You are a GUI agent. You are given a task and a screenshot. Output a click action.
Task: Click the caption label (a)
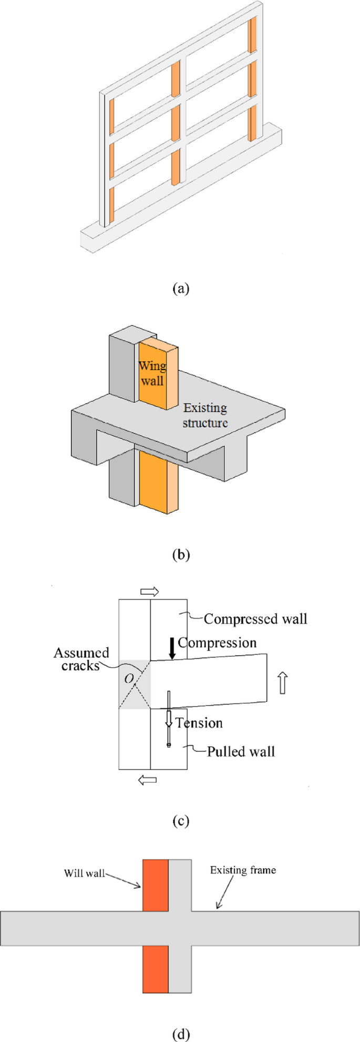(x=180, y=288)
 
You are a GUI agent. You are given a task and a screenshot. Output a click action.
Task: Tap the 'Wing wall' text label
(x=152, y=373)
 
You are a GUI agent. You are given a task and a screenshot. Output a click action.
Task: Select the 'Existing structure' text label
(x=205, y=415)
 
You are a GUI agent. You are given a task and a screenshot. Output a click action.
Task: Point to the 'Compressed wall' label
(x=255, y=618)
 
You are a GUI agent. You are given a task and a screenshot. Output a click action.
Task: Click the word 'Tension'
(x=199, y=723)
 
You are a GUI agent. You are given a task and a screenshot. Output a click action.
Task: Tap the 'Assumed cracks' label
(x=81, y=659)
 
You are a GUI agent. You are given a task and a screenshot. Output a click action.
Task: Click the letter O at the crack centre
(x=129, y=678)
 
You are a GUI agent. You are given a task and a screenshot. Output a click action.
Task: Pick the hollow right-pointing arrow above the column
(x=150, y=592)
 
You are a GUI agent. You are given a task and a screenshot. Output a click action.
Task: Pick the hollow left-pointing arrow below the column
(x=147, y=780)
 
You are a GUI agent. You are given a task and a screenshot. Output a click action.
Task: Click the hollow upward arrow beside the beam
(x=283, y=684)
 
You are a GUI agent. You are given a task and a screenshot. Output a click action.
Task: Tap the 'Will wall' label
(x=84, y=873)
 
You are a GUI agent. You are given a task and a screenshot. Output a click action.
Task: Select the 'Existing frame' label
(x=243, y=870)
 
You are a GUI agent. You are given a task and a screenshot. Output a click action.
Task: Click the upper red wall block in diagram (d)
(x=156, y=885)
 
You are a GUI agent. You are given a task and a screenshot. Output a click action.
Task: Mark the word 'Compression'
(x=217, y=643)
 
